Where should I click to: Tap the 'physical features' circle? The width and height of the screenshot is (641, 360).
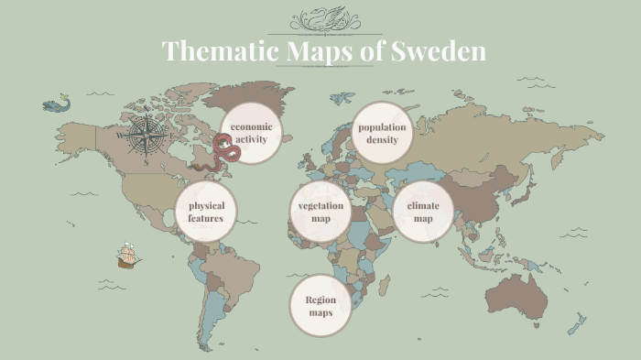206,212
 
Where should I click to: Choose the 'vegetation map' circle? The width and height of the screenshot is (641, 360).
320,212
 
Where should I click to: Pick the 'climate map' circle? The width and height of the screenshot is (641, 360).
423,212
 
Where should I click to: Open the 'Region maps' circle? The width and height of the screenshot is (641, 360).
320,306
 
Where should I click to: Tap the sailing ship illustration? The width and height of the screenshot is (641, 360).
127,256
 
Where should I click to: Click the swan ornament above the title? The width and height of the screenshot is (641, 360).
324,19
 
